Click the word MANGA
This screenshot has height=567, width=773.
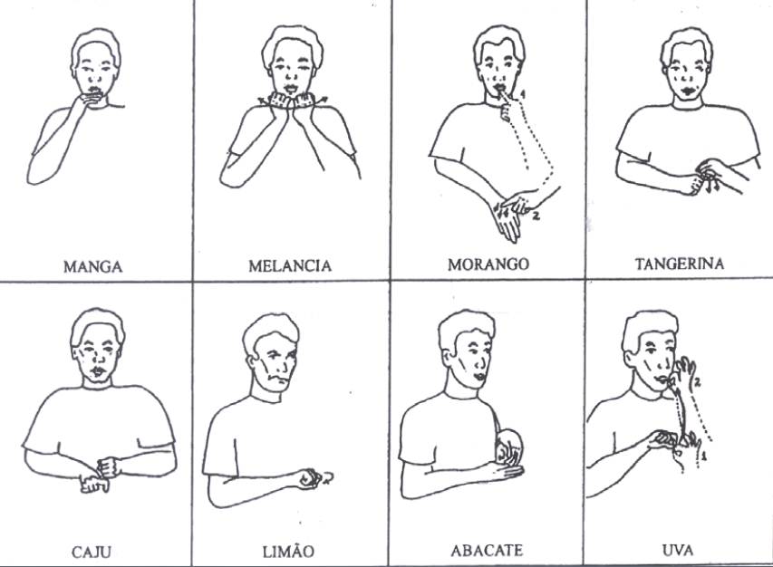pyautogui.click(x=92, y=266)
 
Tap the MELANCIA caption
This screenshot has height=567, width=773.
pyautogui.click(x=290, y=266)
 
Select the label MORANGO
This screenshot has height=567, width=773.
pyautogui.click(x=488, y=264)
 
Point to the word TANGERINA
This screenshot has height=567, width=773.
pyautogui.click(x=680, y=264)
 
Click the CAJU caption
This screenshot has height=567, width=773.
pyautogui.click(x=92, y=552)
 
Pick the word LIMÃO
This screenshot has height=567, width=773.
pyautogui.click(x=288, y=551)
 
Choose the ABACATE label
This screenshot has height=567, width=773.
pyautogui.click(x=487, y=550)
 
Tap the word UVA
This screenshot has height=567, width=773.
pyautogui.click(x=679, y=549)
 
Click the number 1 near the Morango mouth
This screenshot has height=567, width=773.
pyautogui.click(x=523, y=93)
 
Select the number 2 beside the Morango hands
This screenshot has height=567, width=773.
pyautogui.click(x=536, y=215)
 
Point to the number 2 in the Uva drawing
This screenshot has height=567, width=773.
pyautogui.click(x=698, y=380)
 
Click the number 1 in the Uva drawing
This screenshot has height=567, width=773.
pyautogui.click(x=704, y=456)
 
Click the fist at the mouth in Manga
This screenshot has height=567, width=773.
pyautogui.click(x=89, y=100)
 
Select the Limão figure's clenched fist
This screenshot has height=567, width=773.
pyautogui.click(x=309, y=478)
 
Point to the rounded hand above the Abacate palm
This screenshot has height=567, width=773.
pyautogui.click(x=509, y=447)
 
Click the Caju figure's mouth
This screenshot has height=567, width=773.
pyautogui.click(x=97, y=370)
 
